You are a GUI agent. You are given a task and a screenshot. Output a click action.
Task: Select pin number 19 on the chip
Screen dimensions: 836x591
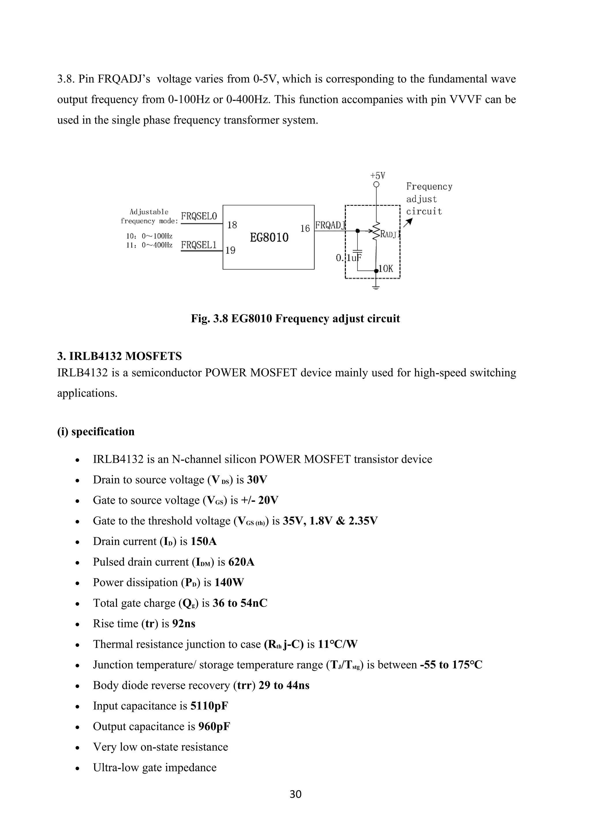(x=230, y=250)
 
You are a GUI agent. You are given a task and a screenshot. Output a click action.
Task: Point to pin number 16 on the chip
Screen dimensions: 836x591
(x=305, y=228)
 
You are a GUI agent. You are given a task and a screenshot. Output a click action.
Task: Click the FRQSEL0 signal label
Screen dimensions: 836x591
(x=199, y=216)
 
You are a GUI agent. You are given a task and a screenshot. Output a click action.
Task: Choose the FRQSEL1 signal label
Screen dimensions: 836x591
(x=199, y=245)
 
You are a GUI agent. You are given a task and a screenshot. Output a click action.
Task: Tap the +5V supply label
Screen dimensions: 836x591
(x=377, y=176)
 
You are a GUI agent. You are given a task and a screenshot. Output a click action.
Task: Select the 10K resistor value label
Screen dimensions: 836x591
(x=386, y=269)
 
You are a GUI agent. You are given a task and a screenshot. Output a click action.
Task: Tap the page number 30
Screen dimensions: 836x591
(x=295, y=794)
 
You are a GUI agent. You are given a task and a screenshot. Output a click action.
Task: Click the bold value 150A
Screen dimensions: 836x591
(x=203, y=542)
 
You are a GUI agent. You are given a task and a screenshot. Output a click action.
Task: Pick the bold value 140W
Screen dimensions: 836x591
(x=229, y=583)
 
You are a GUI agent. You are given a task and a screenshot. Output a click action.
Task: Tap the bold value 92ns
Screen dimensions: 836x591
(x=184, y=624)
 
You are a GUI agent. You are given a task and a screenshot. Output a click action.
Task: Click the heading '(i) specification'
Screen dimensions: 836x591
(x=96, y=432)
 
